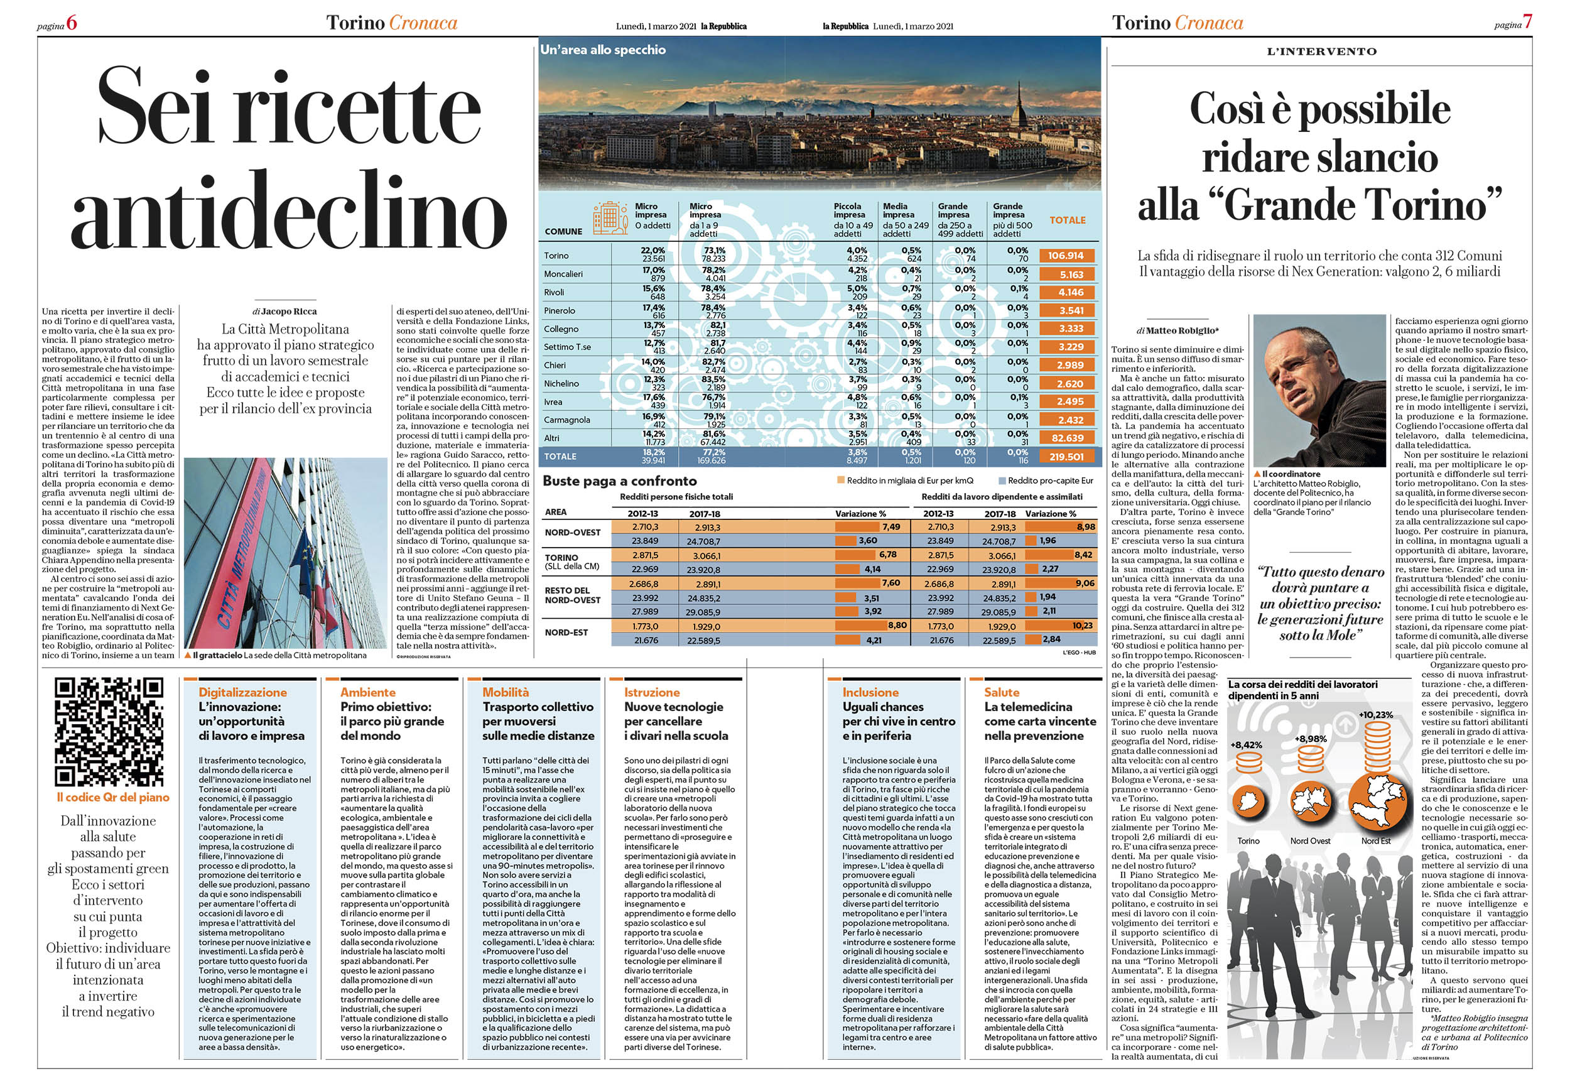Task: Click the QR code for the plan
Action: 108,732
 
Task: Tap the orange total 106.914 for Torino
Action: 1066,256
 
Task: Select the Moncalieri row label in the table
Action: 563,274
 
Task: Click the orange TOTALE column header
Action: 1067,220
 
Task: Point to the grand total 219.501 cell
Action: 1066,457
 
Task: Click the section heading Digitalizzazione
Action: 242,692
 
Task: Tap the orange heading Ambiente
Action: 367,692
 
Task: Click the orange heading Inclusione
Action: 870,692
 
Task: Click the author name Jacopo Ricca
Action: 289,312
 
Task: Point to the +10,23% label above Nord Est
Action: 1376,715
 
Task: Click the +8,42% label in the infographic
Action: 1247,745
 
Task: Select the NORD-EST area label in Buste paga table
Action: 566,633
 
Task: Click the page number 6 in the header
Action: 72,24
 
